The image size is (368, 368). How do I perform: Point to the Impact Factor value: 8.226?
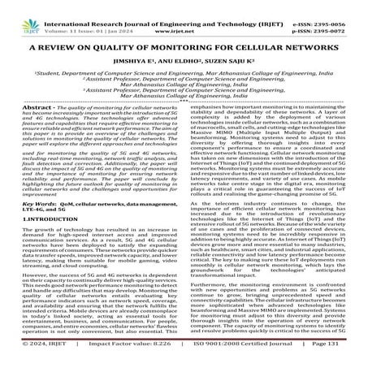click(x=122, y=359)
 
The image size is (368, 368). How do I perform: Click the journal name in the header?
click(x=178, y=6)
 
